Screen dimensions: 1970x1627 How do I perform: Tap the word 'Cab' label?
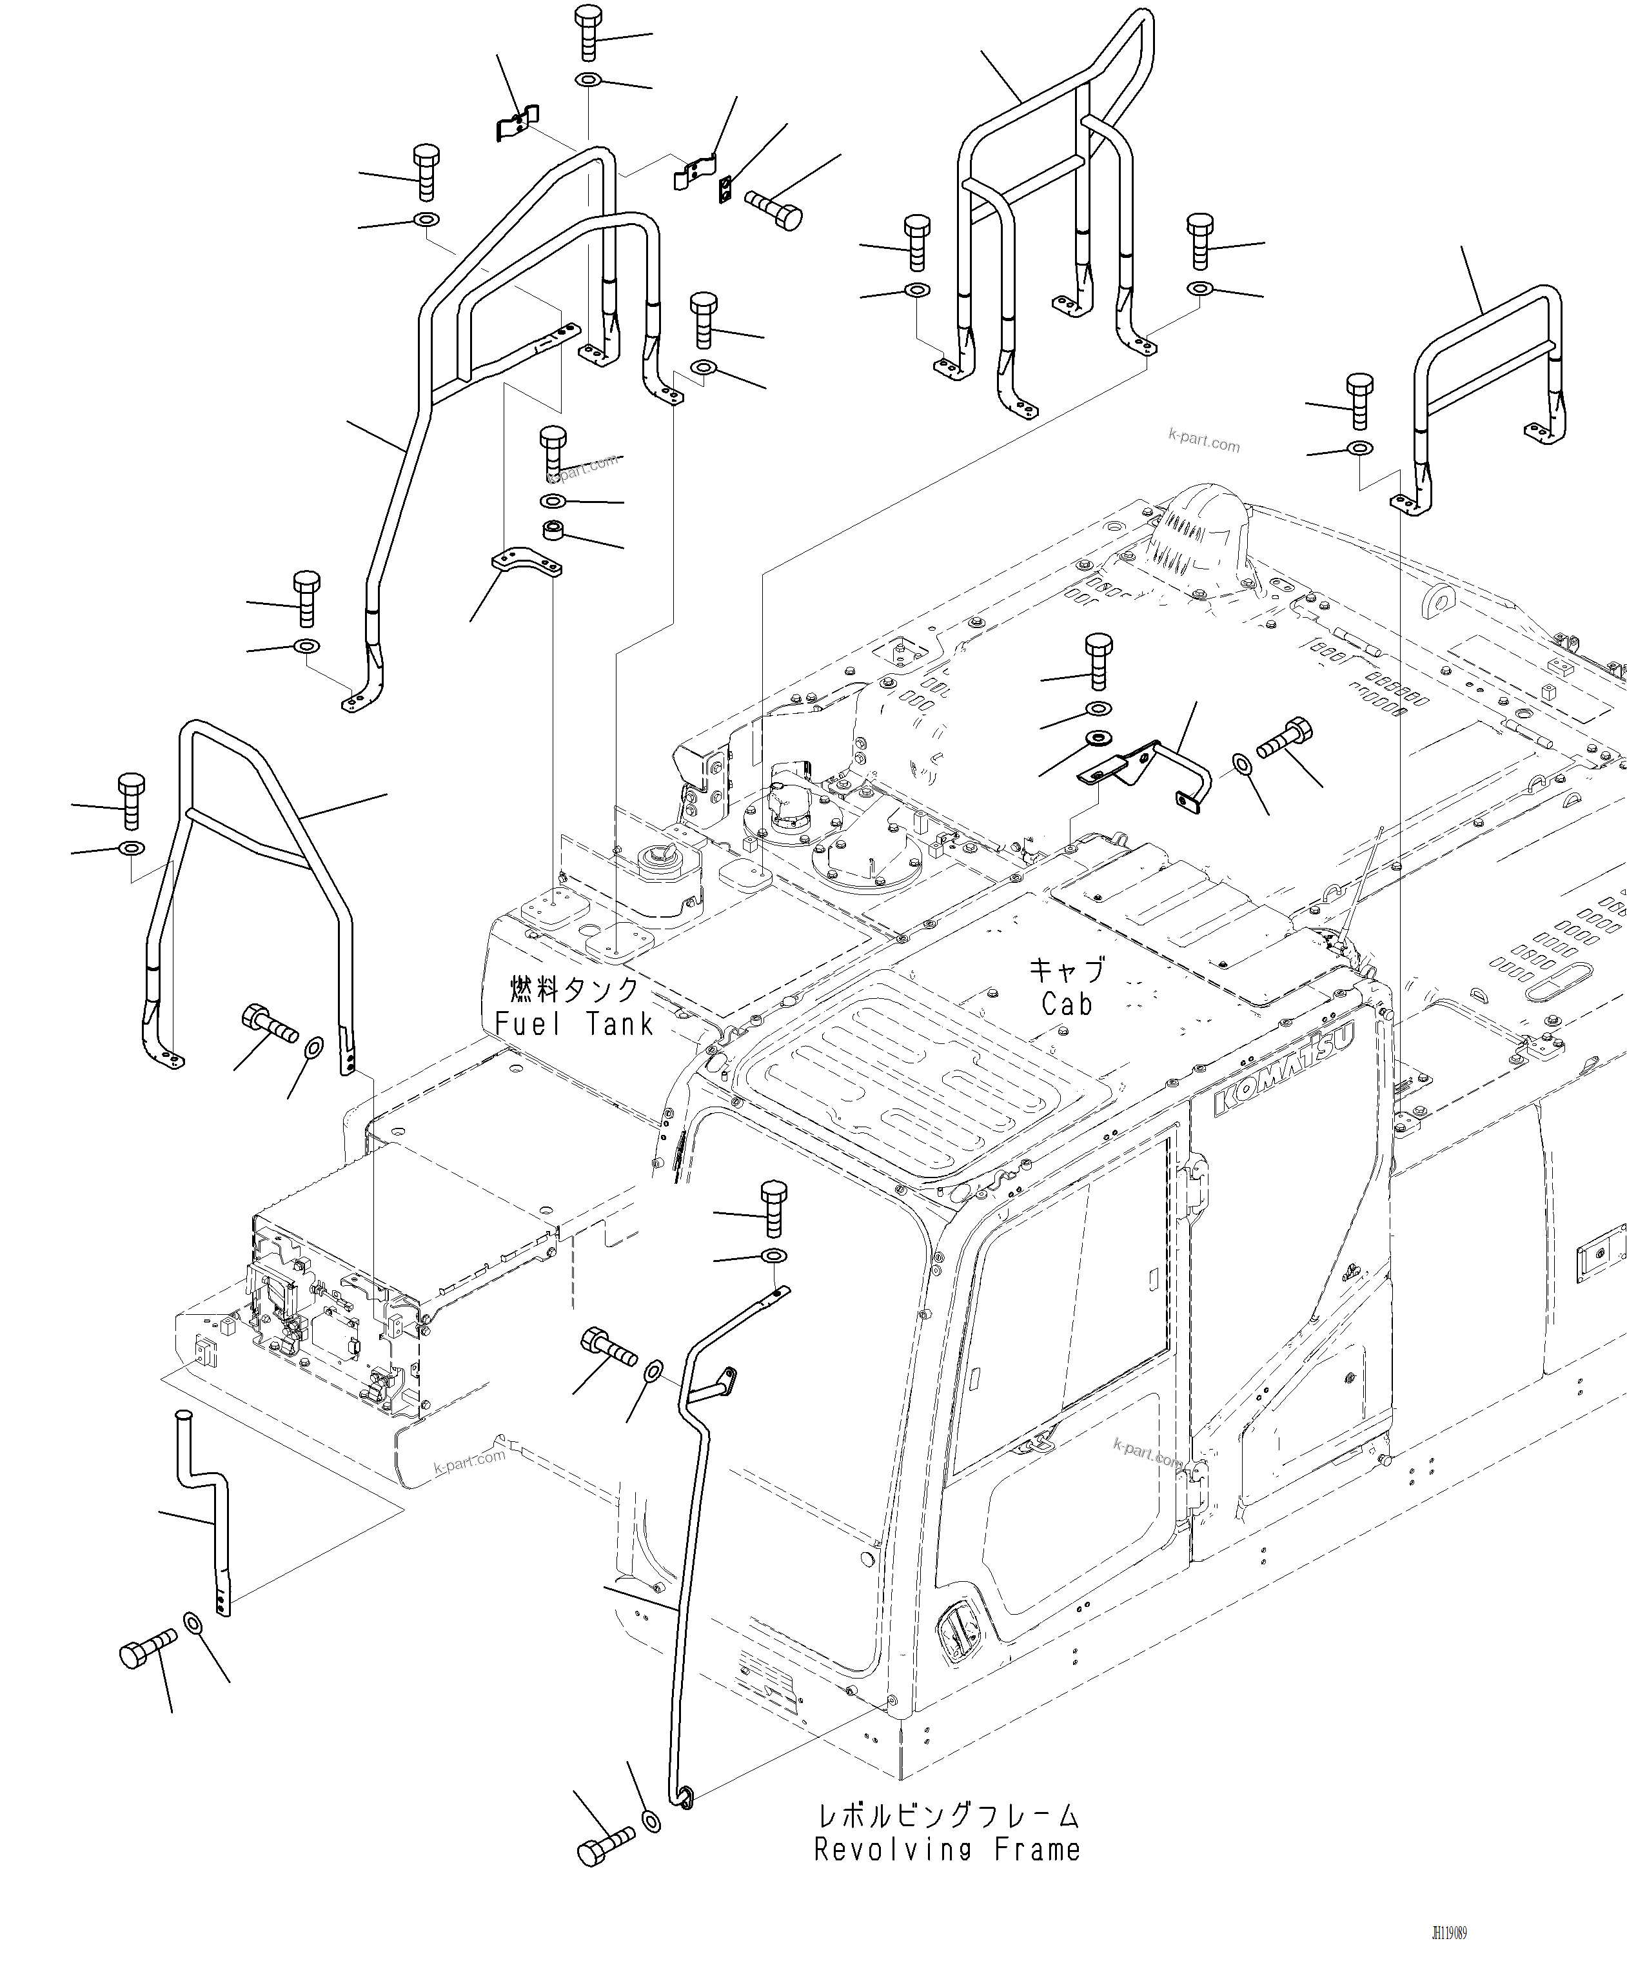pos(1067,1005)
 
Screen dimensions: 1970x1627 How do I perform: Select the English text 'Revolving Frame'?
pos(947,1850)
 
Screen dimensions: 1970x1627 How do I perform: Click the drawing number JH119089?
pos(1449,1933)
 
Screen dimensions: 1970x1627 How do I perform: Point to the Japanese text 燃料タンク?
pos(573,989)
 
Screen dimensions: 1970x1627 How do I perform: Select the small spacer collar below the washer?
pos(553,531)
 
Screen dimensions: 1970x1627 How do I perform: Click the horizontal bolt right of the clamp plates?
pos(774,208)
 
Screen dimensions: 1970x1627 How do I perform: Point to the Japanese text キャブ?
pos(1067,969)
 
